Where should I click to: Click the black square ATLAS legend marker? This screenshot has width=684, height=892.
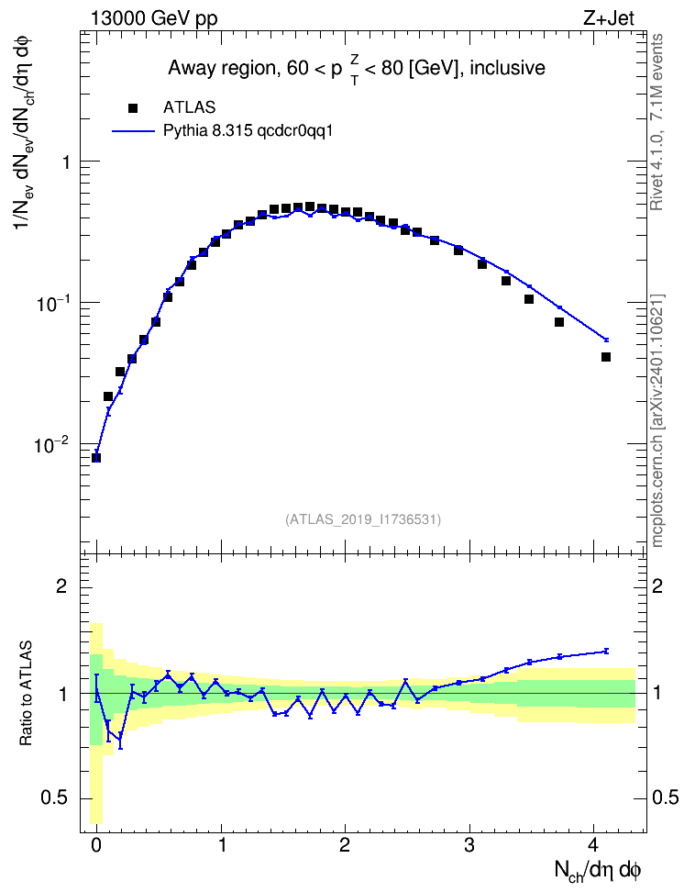(x=133, y=107)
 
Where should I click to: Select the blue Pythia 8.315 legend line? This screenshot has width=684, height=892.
(x=133, y=131)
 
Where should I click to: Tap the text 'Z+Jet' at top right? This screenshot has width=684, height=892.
(x=609, y=18)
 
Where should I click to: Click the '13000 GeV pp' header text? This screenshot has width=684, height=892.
(x=153, y=18)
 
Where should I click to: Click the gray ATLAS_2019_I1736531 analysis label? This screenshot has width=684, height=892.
(x=363, y=518)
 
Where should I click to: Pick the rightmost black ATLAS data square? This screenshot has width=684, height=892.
(x=606, y=357)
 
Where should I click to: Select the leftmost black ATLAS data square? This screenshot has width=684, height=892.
(x=96, y=457)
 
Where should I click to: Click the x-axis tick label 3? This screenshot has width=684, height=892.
(x=469, y=844)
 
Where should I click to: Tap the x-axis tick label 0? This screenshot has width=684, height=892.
(x=96, y=844)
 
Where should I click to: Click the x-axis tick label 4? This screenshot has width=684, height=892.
(x=593, y=844)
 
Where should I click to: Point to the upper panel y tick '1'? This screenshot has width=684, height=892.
(x=66, y=162)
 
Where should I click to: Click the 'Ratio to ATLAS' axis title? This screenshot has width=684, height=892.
(x=27, y=694)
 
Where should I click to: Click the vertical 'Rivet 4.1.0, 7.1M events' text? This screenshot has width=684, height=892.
(x=656, y=122)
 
